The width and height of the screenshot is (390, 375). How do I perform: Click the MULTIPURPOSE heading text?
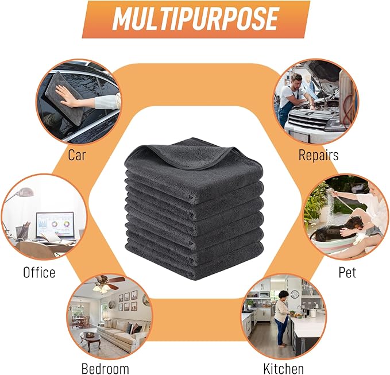[x=195, y=19]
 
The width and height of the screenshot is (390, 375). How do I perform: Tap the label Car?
[x=76, y=155]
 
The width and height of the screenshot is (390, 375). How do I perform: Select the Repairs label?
[x=318, y=156]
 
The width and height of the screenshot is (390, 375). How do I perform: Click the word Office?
[x=39, y=272]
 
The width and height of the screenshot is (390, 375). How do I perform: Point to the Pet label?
[x=347, y=272]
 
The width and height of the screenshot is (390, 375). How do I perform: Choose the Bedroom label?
[x=105, y=368]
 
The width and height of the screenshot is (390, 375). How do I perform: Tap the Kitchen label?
[x=283, y=368]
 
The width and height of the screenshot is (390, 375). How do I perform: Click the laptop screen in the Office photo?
[x=55, y=225]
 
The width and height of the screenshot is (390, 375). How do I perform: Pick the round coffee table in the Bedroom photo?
[x=90, y=338]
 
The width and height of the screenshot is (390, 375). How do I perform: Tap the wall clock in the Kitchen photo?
[x=295, y=294]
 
